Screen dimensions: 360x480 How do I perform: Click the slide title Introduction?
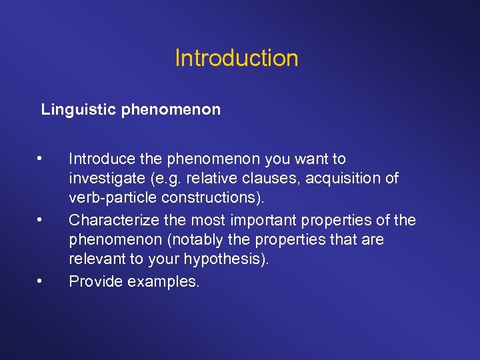click(x=237, y=59)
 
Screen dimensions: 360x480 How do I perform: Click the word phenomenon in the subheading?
click(x=171, y=109)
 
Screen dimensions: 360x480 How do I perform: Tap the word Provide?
click(x=95, y=281)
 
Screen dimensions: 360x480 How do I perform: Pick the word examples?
click(x=163, y=281)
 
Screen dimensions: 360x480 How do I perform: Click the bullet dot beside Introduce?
click(x=41, y=159)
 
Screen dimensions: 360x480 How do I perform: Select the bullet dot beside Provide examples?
click(x=41, y=281)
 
